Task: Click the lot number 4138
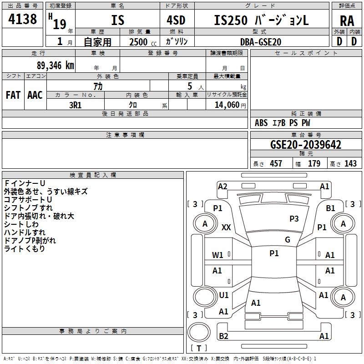23,20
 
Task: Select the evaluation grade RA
347,20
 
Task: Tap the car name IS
117,20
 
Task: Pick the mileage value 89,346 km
55,65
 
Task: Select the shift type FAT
13,95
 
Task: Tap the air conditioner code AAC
35,95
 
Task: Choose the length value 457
276,164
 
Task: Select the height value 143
350,164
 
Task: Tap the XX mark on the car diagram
226,227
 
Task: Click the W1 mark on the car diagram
218,255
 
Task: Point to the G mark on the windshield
287,240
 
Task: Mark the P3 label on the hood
294,219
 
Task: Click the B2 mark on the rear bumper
223,336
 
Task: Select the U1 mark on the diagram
224,295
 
